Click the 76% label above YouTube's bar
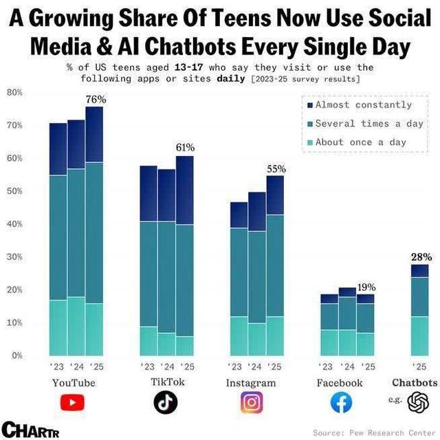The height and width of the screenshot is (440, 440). pyautogui.click(x=96, y=100)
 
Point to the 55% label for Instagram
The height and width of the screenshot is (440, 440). pyautogui.click(x=276, y=169)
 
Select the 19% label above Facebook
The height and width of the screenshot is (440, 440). pyautogui.click(x=366, y=287)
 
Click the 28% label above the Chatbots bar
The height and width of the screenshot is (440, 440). pyautogui.click(x=421, y=257)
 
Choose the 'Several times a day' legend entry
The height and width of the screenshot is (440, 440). pyautogui.click(x=368, y=124)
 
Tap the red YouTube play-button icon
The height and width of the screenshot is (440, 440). pyautogui.click(x=72, y=402)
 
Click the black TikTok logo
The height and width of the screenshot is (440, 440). pyautogui.click(x=165, y=401)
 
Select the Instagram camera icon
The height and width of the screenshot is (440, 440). pyautogui.click(x=252, y=402)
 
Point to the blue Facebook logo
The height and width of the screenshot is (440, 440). pyautogui.click(x=342, y=402)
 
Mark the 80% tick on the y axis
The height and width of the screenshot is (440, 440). pyautogui.click(x=15, y=92)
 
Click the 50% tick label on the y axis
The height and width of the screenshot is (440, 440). pyautogui.click(x=15, y=191)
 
